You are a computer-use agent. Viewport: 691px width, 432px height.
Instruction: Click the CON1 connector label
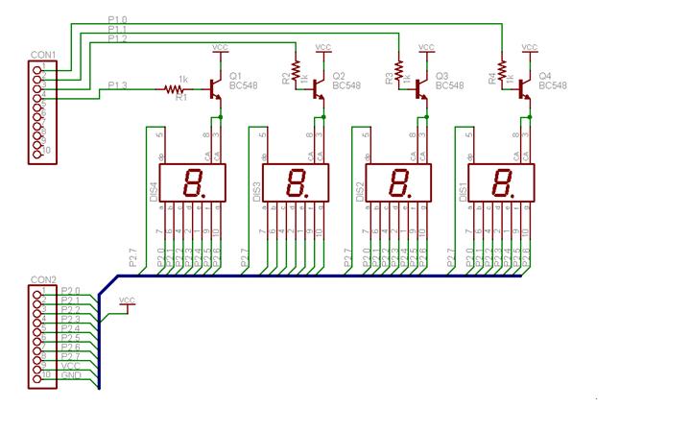(x=43, y=56)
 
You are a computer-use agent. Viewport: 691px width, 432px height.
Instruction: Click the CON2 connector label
(x=43, y=279)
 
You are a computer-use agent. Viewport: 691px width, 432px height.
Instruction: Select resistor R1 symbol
(x=174, y=89)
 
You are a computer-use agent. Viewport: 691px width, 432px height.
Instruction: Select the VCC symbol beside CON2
(x=127, y=302)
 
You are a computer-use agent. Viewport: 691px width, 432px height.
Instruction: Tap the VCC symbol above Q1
(x=220, y=48)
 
